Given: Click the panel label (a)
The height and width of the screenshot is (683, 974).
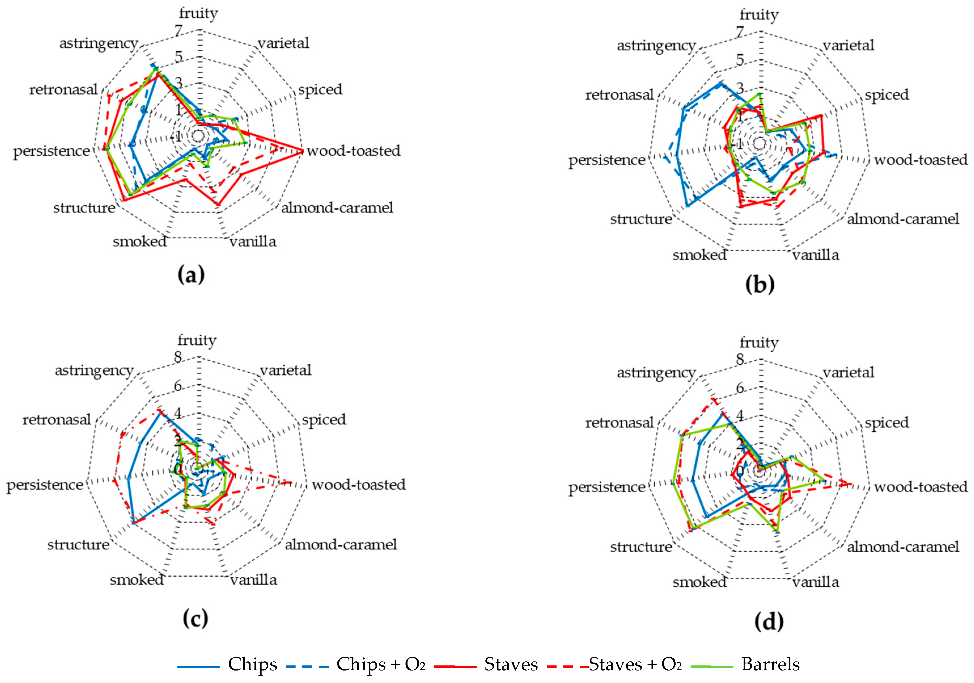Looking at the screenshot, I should pyautogui.click(x=191, y=275).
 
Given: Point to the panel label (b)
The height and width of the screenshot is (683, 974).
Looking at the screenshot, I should pyautogui.click(x=759, y=284).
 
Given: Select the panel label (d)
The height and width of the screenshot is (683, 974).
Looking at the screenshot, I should pyautogui.click(x=769, y=621).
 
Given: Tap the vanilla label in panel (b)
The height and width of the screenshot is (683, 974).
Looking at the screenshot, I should pyautogui.click(x=815, y=255).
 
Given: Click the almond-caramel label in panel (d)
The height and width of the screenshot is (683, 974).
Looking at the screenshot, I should pyautogui.click(x=903, y=547).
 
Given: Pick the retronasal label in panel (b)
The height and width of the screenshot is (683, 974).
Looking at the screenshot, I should pyautogui.click(x=619, y=95).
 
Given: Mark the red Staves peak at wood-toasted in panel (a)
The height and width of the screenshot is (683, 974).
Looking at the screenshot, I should pyautogui.click(x=302, y=151).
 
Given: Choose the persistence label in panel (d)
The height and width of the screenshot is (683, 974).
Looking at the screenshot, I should pyautogui.click(x=607, y=487).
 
